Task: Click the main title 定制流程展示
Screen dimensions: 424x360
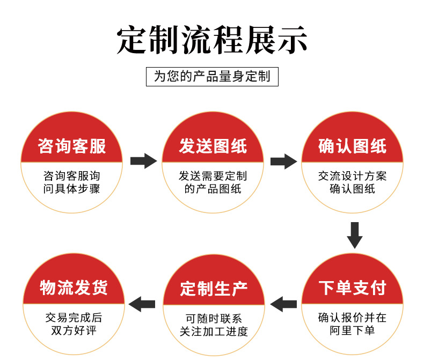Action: tap(212, 40)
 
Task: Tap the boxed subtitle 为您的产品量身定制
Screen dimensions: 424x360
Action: tap(213, 77)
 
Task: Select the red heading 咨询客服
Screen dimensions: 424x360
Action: tap(72, 146)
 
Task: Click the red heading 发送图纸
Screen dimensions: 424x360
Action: tap(213, 146)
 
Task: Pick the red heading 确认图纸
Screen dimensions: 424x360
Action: tap(352, 146)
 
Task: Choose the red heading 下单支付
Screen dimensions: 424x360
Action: tap(352, 287)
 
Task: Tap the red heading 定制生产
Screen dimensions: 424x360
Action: tap(214, 289)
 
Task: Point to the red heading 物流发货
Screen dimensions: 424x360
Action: tap(74, 287)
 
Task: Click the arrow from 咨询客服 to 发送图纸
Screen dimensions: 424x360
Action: tap(144, 161)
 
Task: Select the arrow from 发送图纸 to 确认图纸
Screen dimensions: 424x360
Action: tap(284, 161)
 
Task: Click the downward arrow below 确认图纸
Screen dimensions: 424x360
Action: tap(355, 235)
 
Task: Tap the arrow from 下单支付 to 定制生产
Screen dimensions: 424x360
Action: tap(283, 304)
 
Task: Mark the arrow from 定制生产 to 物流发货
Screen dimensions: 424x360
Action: tap(142, 304)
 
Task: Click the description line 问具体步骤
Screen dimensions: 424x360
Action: tap(72, 189)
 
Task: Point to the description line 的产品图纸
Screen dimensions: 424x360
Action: tap(213, 189)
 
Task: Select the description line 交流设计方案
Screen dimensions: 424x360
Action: tap(352, 176)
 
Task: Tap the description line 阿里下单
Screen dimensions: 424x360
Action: tap(352, 330)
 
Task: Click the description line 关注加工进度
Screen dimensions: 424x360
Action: tap(214, 332)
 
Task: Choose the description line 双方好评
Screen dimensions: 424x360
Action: tap(74, 330)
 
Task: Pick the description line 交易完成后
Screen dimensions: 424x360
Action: tap(74, 318)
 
